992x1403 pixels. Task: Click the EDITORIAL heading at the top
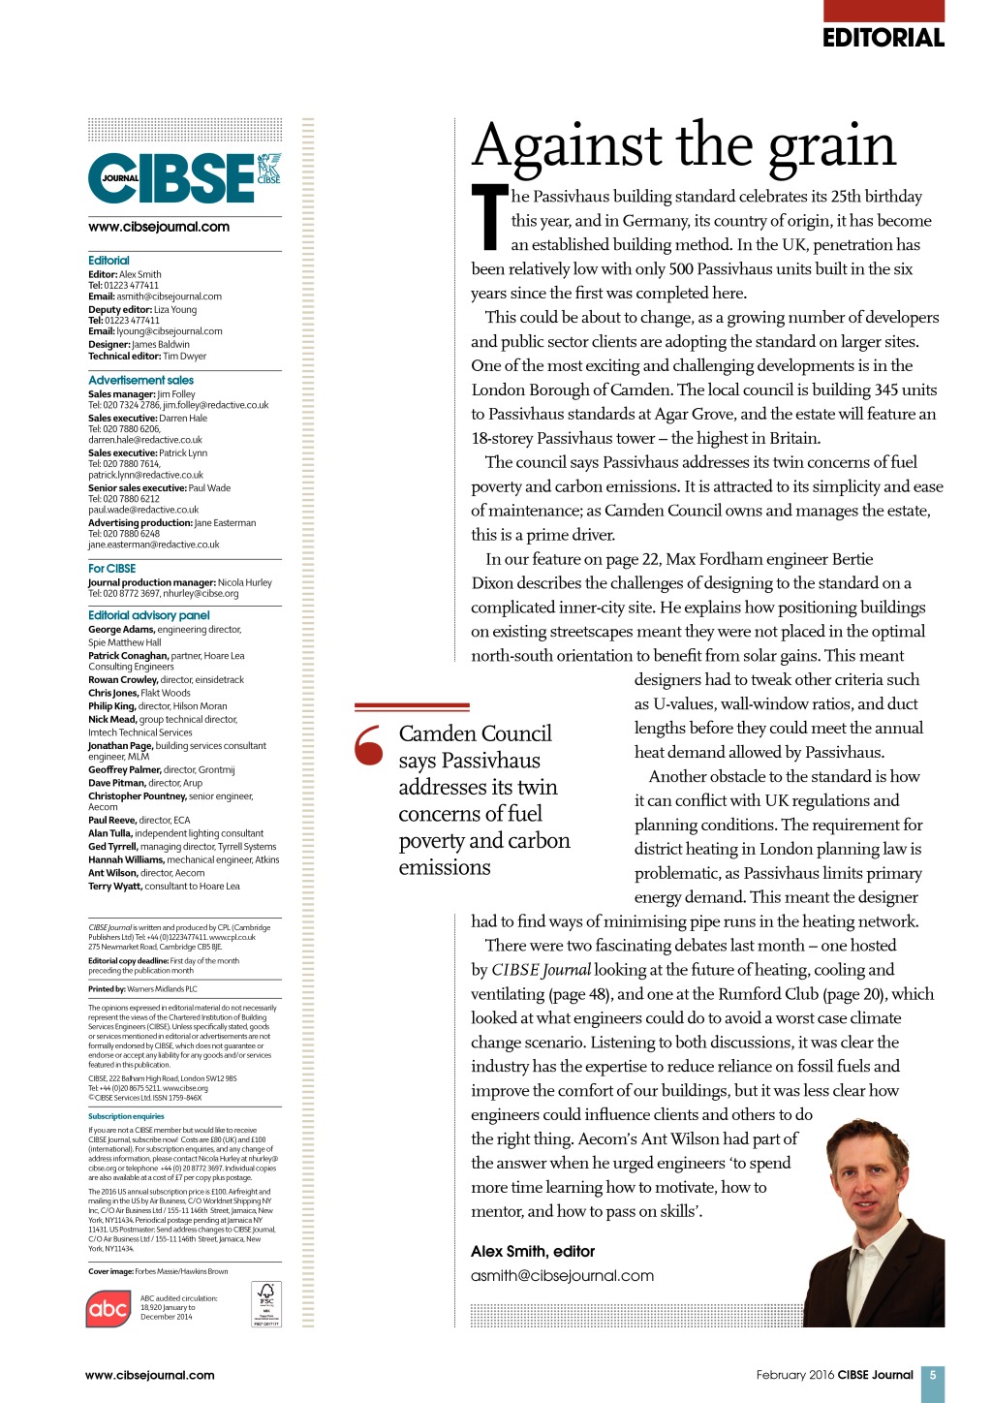click(883, 38)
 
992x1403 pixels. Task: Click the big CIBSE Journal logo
click(184, 177)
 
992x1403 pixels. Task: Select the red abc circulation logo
click(108, 1309)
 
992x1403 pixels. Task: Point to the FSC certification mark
click(265, 1303)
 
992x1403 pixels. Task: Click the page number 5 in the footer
click(932, 1375)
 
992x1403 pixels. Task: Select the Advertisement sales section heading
click(140, 380)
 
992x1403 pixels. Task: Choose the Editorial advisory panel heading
click(148, 615)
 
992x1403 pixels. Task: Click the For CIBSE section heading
click(111, 569)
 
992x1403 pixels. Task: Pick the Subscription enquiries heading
click(126, 1116)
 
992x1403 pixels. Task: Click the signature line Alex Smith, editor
click(533, 1252)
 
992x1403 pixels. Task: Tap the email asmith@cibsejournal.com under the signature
click(562, 1276)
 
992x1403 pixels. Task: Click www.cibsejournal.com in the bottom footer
click(149, 1375)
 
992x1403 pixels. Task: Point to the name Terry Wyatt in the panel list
click(114, 886)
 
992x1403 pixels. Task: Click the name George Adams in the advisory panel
click(121, 629)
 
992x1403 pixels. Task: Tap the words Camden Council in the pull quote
click(475, 733)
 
